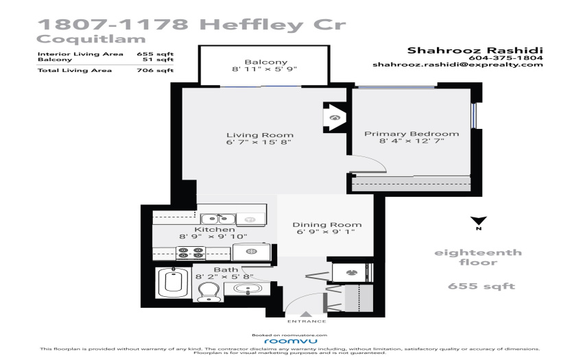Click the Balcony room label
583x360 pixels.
(x=266, y=62)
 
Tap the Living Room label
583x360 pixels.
(x=260, y=135)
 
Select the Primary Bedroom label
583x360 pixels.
(x=412, y=134)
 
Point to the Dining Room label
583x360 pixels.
(x=326, y=225)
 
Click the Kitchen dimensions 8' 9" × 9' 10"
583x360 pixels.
(x=213, y=236)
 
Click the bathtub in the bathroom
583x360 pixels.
(x=174, y=283)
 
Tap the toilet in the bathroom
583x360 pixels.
(x=209, y=291)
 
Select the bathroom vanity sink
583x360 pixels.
(x=247, y=288)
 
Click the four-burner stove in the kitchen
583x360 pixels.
(x=191, y=253)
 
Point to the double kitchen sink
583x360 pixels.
(x=218, y=219)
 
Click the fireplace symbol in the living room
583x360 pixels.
(x=335, y=118)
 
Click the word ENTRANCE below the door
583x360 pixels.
(x=307, y=322)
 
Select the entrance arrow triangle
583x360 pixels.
(x=306, y=314)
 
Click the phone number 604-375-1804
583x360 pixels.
(x=505, y=58)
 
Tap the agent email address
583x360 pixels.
(x=457, y=64)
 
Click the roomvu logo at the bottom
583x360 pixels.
(x=291, y=341)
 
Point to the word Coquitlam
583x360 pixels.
(x=91, y=39)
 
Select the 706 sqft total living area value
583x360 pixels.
(x=155, y=70)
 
